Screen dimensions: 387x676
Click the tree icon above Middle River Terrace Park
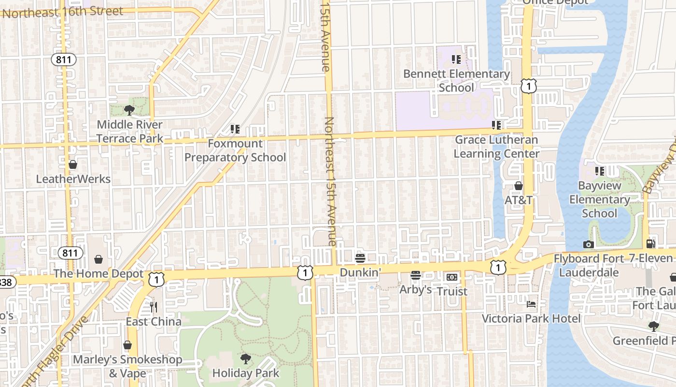coord(129,110)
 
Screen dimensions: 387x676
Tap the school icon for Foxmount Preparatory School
coord(235,129)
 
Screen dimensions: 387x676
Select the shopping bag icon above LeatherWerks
coord(73,164)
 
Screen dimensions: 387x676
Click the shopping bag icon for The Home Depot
coord(99,260)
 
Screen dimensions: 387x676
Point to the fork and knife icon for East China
coord(154,307)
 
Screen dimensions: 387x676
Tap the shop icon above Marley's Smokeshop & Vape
coord(127,345)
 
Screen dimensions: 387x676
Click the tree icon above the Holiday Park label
coord(246,358)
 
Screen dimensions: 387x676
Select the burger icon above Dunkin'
coord(360,258)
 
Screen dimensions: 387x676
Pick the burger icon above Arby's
coord(416,275)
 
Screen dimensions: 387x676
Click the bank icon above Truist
coord(452,277)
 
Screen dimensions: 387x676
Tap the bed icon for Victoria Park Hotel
coord(531,304)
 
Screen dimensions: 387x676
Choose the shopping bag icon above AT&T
coord(519,186)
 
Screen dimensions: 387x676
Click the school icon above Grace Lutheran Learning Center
coord(496,125)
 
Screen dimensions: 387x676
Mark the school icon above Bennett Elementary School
coord(456,60)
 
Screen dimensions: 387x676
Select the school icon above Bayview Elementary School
coord(600,171)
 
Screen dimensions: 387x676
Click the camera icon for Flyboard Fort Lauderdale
coord(588,244)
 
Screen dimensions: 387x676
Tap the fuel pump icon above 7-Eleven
coord(651,244)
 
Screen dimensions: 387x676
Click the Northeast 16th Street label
coord(63,12)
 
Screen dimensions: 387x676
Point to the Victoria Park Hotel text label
coord(531,318)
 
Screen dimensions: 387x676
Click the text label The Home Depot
coord(99,274)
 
